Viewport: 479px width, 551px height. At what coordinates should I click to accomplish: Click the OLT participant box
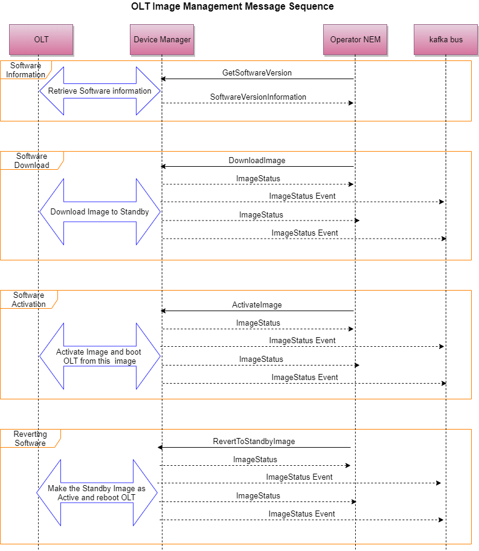(x=41, y=40)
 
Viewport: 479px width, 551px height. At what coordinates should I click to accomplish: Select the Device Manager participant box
(x=162, y=40)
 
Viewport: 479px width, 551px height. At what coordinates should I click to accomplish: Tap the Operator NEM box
(x=355, y=40)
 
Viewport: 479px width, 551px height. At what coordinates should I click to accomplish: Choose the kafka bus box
(x=446, y=40)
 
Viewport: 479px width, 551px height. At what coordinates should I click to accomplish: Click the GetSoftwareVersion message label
(x=257, y=73)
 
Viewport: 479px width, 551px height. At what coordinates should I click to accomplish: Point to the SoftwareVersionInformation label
(x=258, y=97)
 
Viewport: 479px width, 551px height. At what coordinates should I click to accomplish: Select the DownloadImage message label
(x=257, y=161)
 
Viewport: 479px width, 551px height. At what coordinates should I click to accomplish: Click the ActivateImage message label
(x=257, y=305)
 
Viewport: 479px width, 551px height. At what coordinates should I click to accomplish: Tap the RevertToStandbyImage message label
(x=254, y=442)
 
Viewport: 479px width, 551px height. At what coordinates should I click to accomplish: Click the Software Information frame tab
(x=25, y=70)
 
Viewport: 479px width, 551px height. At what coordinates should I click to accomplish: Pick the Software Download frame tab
(x=31, y=161)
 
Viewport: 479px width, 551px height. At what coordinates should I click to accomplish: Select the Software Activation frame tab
(x=28, y=300)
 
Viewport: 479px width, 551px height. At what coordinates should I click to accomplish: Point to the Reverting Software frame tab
(x=30, y=439)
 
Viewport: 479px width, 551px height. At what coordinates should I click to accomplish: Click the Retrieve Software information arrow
(x=100, y=91)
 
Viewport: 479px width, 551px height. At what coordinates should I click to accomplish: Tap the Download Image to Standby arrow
(x=100, y=212)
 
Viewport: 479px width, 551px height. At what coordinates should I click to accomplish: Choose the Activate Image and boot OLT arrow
(x=100, y=356)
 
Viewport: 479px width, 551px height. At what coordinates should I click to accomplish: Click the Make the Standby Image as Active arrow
(x=97, y=493)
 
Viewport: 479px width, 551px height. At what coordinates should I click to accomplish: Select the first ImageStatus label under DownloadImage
(x=258, y=179)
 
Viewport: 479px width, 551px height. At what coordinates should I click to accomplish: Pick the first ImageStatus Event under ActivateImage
(x=302, y=341)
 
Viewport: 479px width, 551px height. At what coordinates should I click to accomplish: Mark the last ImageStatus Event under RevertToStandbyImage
(x=301, y=514)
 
